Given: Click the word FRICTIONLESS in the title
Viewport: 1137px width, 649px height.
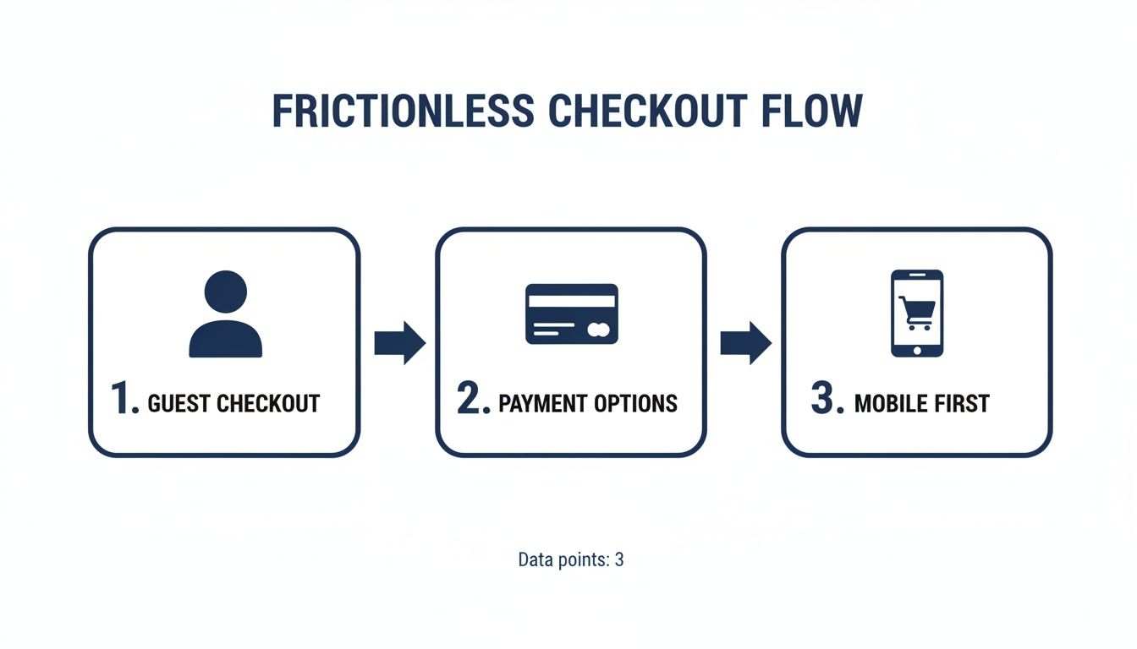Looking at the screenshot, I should tap(403, 112).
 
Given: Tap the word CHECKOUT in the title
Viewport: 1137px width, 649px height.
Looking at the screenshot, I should tap(648, 112).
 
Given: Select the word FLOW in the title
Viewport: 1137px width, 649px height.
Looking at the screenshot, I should tap(810, 112).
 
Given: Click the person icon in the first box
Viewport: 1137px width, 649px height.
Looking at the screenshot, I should tap(225, 314).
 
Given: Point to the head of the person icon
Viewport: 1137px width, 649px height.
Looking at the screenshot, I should tap(225, 292).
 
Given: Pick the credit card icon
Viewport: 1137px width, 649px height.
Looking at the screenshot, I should tap(572, 314).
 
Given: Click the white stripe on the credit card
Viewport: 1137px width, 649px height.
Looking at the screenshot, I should tap(572, 300).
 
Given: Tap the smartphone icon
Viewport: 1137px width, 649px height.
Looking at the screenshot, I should tap(916, 314).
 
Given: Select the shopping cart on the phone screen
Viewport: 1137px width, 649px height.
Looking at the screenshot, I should tap(917, 310).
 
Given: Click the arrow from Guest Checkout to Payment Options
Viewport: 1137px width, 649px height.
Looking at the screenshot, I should tap(399, 342).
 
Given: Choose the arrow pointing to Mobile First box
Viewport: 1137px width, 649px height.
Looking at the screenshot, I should tap(745, 342).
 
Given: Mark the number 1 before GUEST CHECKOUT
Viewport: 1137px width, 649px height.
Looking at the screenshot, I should tap(123, 399).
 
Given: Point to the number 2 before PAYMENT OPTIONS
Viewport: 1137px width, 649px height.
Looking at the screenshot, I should tap(472, 399).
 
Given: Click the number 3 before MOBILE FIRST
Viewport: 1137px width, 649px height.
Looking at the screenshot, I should tap(826, 399).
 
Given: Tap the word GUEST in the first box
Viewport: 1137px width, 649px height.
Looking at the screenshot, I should tap(179, 404).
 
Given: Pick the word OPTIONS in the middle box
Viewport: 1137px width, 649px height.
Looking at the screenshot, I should tap(637, 404).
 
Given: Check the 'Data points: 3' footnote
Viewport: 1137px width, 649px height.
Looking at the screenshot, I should tap(570, 559).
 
